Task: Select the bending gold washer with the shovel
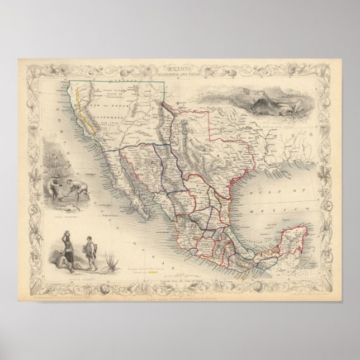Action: pos(78,189)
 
